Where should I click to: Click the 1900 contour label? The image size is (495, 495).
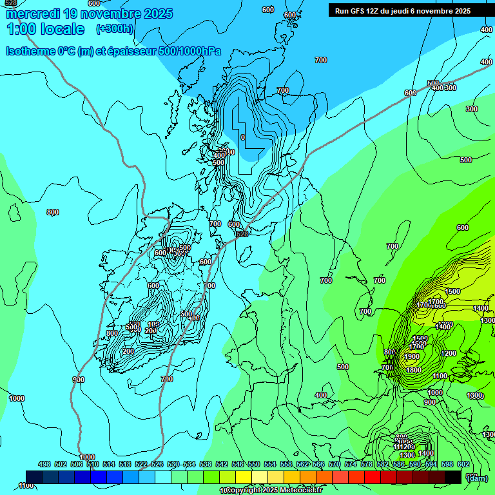(x=412, y=356)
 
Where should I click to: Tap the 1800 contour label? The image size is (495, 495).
(x=414, y=370)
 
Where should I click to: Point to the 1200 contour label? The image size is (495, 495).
(x=449, y=353)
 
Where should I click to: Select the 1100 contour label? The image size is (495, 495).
(x=440, y=376)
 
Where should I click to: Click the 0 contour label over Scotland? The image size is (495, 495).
(x=242, y=137)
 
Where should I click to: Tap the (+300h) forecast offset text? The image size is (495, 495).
(x=115, y=29)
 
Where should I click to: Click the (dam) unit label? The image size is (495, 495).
(x=476, y=478)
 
